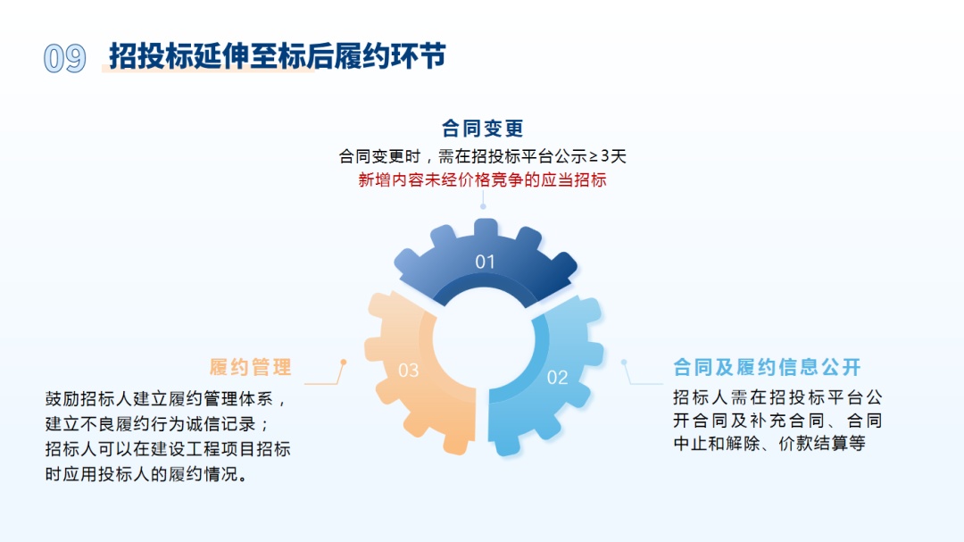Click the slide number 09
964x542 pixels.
[64, 58]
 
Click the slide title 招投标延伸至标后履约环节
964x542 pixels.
[278, 56]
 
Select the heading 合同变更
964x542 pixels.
[483, 128]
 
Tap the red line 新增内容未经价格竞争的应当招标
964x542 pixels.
[483, 179]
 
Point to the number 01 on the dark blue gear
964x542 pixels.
[485, 262]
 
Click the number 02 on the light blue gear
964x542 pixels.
[558, 377]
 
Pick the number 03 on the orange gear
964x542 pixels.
[408, 370]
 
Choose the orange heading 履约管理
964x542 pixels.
[250, 367]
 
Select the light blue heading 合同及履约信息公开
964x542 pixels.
[767, 367]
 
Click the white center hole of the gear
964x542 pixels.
[484, 339]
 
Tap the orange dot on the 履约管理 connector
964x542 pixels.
[344, 363]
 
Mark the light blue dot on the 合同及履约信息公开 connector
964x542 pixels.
[624, 363]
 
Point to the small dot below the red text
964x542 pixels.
[483, 207]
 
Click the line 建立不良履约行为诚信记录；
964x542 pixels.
[157, 424]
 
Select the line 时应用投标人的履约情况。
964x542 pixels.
[146, 474]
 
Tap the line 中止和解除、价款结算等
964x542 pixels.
[769, 443]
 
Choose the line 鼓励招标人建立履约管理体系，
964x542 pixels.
[166, 398]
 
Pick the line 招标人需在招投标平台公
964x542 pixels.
[777, 396]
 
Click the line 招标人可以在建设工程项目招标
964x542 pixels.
[167, 449]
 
